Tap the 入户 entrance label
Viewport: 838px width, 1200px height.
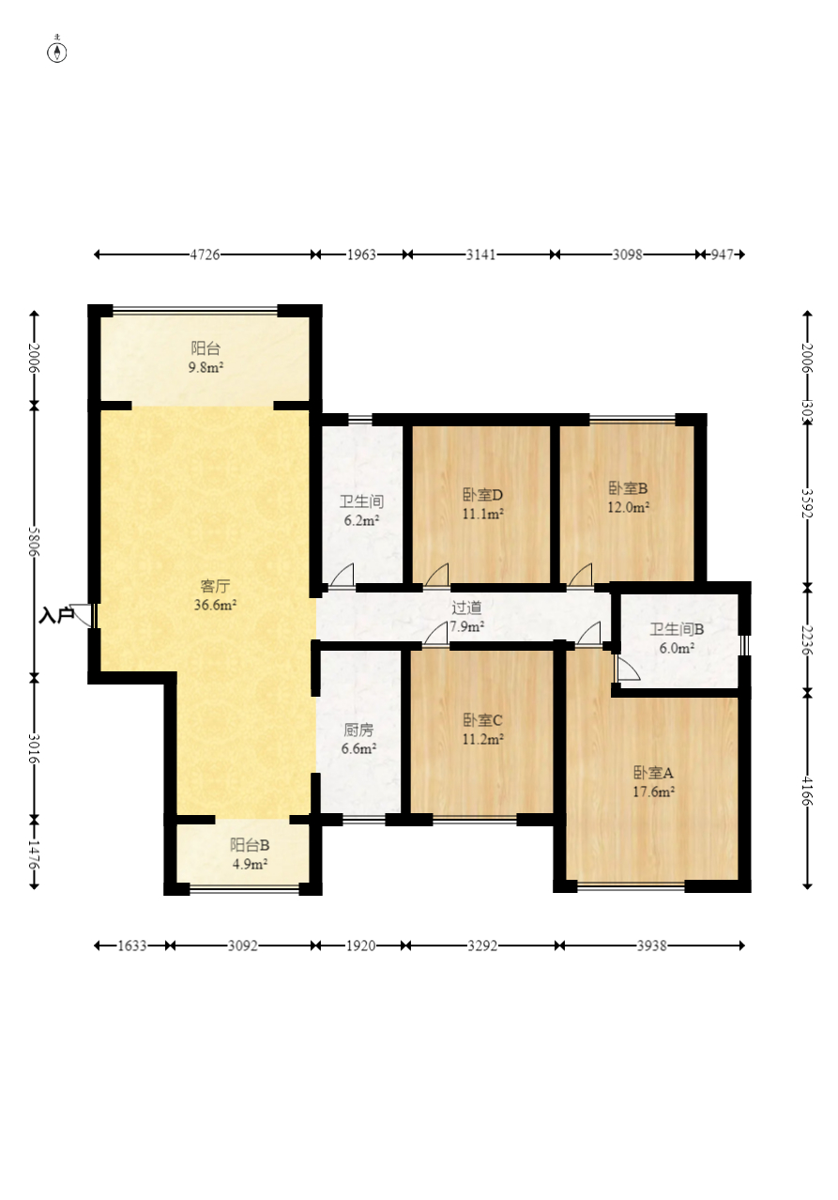[55, 616]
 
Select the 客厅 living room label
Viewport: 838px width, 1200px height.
[215, 586]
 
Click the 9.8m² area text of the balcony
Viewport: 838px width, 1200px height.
[206, 367]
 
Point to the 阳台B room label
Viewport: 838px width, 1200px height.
[250, 845]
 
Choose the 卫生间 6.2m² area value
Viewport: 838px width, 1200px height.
[361, 520]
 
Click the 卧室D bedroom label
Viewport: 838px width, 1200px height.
[482, 495]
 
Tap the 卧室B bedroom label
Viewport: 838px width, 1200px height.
[628, 488]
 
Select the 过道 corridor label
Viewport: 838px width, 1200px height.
[466, 608]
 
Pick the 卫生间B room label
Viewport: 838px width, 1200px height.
[677, 629]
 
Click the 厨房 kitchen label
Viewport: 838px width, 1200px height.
[358, 730]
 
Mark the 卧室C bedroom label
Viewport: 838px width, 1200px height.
[482, 720]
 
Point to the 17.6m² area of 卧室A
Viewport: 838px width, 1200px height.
[653, 792]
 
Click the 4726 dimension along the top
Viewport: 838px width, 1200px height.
[206, 254]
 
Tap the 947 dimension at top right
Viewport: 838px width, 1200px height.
[722, 254]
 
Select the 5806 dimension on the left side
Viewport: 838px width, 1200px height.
[35, 542]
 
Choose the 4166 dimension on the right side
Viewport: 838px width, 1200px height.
[807, 792]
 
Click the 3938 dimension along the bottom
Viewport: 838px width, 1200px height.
[651, 946]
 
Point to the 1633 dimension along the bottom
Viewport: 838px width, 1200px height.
[132, 946]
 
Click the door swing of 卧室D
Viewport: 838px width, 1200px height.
[436, 575]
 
